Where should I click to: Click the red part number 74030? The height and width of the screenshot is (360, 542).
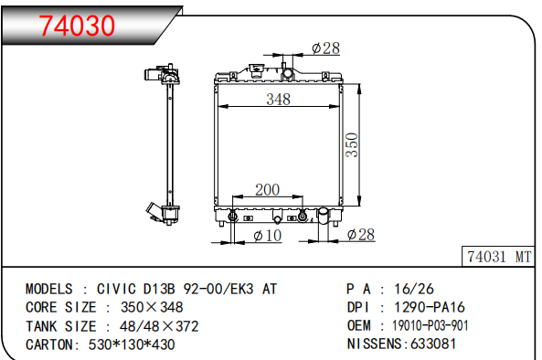[77, 25]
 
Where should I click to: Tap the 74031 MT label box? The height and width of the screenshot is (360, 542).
[498, 257]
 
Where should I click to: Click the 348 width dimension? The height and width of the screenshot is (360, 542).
[279, 100]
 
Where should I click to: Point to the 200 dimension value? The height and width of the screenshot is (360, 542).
[267, 190]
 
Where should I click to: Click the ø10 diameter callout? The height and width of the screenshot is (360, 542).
[267, 237]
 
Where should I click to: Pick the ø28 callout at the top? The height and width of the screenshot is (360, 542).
[325, 48]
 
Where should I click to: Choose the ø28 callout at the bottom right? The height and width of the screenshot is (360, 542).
[361, 236]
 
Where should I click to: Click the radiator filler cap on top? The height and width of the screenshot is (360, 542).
[289, 71]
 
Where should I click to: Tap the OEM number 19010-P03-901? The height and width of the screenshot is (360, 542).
[431, 325]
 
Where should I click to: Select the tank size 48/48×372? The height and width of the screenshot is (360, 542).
[154, 325]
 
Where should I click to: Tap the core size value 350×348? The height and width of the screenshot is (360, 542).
[146, 307]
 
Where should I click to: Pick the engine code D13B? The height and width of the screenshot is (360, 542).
[165, 289]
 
